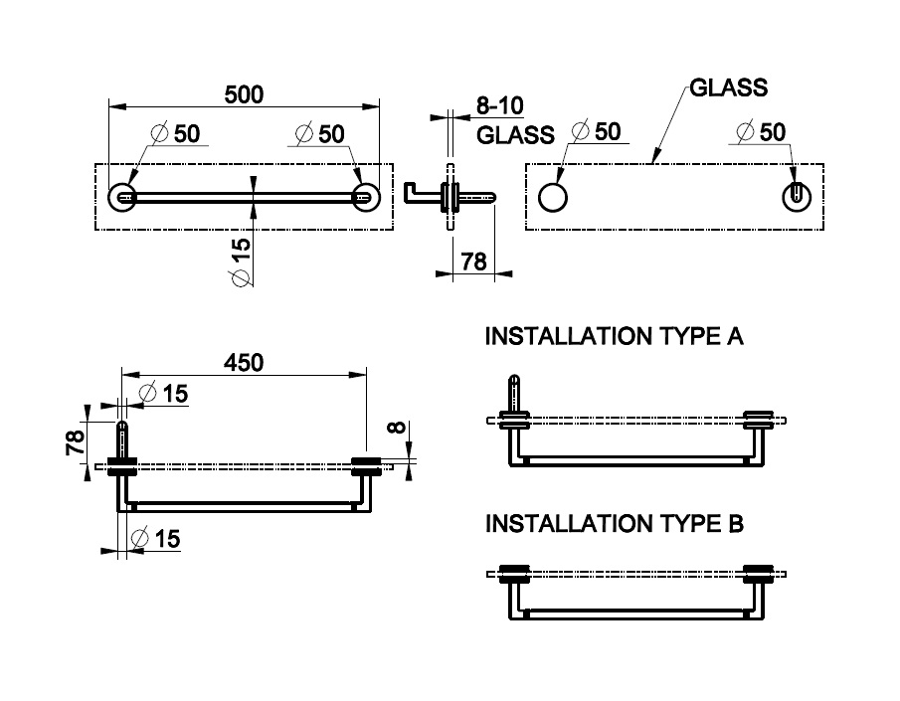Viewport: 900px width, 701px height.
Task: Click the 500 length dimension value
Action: (x=244, y=94)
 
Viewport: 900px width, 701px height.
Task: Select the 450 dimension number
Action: (x=244, y=363)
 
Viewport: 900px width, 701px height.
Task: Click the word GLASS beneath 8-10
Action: (x=515, y=135)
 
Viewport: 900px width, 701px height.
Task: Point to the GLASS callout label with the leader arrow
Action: (x=728, y=88)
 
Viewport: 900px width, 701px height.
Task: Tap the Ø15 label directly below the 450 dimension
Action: (x=163, y=394)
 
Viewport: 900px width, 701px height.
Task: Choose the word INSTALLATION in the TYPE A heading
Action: (x=567, y=337)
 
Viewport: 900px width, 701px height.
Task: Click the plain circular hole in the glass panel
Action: (x=553, y=196)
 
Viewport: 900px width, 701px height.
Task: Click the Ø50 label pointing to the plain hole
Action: (x=597, y=131)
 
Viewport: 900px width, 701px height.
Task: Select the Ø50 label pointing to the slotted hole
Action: (x=761, y=131)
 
